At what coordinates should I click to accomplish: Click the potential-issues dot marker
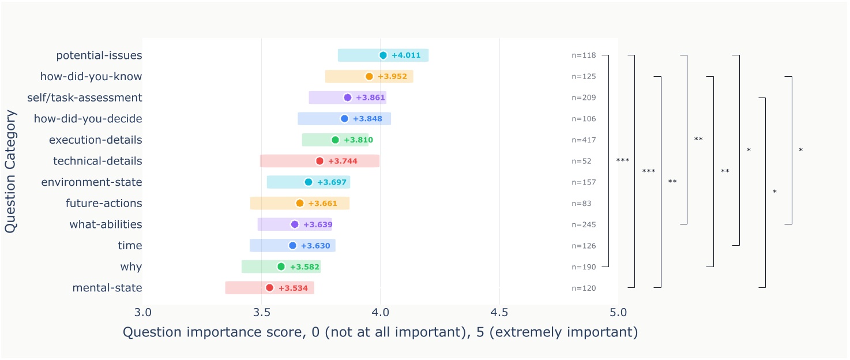click(383, 55)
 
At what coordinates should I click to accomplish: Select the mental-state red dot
click(269, 288)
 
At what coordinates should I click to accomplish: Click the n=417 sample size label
click(584, 140)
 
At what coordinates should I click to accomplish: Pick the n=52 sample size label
click(581, 161)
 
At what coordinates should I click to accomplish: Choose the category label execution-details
click(96, 140)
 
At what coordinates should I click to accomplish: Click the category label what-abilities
click(106, 224)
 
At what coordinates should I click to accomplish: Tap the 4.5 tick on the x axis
click(499, 313)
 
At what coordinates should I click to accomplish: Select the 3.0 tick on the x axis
click(142, 313)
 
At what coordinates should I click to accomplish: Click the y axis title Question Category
click(10, 171)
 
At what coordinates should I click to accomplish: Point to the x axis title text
click(380, 333)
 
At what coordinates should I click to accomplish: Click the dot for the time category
click(292, 246)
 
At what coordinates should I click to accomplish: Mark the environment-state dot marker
click(309, 182)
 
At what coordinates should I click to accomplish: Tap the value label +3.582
click(304, 267)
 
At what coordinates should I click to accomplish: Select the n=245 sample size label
click(584, 224)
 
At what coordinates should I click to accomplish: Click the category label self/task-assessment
click(85, 97)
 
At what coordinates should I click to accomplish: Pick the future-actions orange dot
click(300, 203)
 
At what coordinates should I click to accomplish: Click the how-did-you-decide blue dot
click(344, 119)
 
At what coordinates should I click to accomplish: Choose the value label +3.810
click(359, 140)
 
